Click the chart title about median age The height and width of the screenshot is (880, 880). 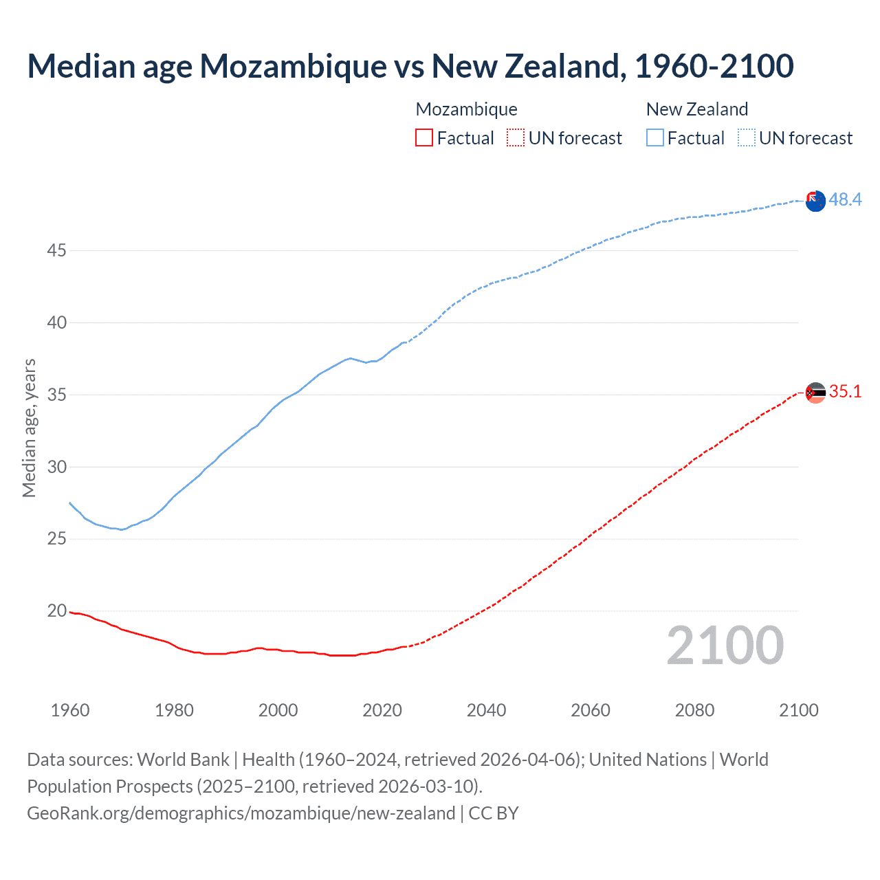point(410,67)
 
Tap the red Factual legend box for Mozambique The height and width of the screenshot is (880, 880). point(424,138)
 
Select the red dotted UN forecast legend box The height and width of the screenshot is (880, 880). point(516,138)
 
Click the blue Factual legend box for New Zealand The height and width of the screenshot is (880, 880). point(654,138)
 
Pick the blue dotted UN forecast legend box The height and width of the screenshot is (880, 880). point(746,138)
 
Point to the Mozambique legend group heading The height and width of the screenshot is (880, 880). point(466,109)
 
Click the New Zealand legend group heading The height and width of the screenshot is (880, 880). point(696,109)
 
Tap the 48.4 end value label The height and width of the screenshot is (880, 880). point(845,199)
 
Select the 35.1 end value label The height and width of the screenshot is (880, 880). point(845,391)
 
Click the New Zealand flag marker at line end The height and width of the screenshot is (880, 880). point(815,201)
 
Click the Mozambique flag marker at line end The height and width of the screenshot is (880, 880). point(815,393)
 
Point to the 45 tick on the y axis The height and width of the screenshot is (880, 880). point(56,251)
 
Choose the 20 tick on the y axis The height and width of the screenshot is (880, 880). point(56,611)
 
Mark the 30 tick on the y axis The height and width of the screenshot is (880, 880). point(56,467)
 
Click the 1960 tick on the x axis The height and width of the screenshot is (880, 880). point(70,710)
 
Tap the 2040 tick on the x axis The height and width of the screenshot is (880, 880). point(486,710)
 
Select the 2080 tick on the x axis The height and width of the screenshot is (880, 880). point(694,710)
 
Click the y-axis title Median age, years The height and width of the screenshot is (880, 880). point(29,428)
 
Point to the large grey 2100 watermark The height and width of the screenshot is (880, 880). point(725,646)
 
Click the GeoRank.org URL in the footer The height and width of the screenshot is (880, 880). point(241,813)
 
